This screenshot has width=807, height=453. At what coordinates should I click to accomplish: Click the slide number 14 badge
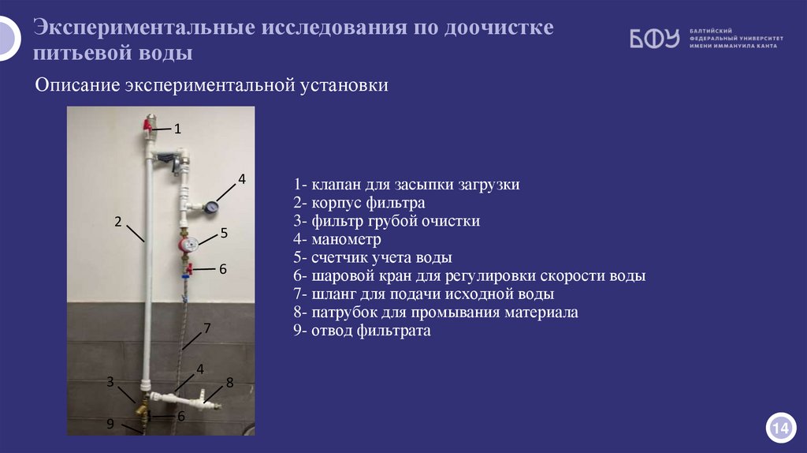[779, 428]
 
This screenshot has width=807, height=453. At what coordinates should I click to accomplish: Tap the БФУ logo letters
[653, 39]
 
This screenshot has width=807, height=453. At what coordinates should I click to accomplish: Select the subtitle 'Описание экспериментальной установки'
[212, 84]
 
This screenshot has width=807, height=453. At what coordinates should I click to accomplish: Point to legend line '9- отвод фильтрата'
[362, 331]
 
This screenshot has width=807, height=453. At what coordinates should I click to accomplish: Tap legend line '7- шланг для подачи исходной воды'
[423, 294]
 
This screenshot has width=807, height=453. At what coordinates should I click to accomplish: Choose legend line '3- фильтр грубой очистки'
[386, 222]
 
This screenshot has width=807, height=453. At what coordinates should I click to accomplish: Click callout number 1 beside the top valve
[178, 128]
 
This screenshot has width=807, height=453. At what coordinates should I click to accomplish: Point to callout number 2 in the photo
[117, 221]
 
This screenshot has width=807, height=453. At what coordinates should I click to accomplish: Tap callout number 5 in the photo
[224, 233]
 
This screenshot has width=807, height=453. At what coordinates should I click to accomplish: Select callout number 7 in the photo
[207, 328]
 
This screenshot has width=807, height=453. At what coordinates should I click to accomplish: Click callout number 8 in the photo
[230, 383]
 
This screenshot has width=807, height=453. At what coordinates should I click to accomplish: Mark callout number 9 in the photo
[111, 423]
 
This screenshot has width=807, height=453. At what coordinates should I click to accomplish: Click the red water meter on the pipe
[187, 245]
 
